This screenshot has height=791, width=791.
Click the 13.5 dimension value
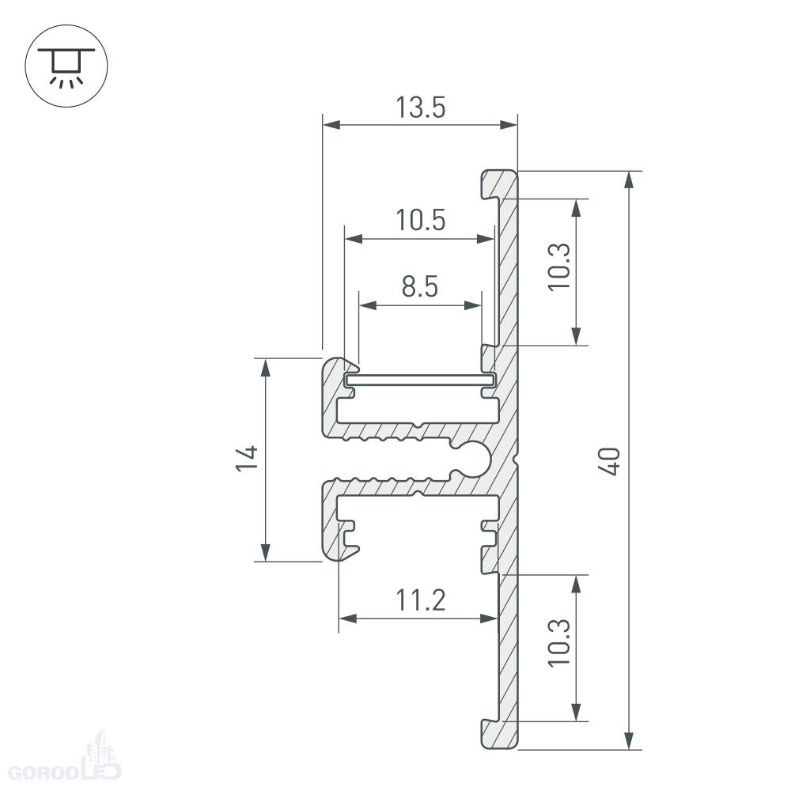click(x=420, y=108)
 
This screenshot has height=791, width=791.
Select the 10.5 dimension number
click(x=420, y=220)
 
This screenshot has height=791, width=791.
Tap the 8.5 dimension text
click(x=420, y=286)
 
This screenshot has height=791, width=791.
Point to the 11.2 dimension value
click(x=420, y=600)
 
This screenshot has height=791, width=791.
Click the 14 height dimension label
click(x=247, y=458)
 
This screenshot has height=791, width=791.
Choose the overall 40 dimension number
click(x=609, y=460)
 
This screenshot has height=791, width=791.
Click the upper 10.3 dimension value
click(x=559, y=267)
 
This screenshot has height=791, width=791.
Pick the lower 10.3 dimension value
click(x=559, y=642)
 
